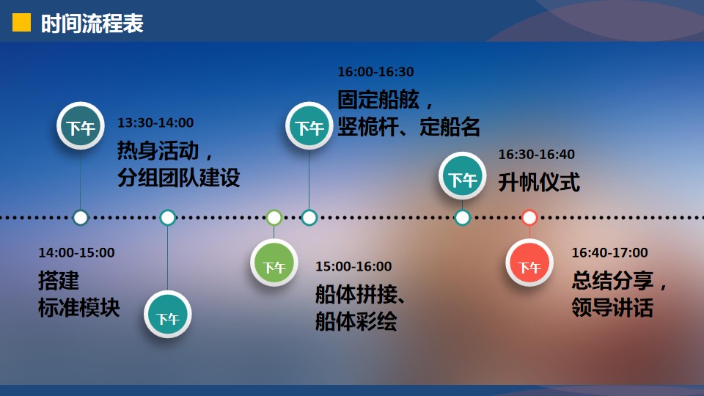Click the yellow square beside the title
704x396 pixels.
point(21,23)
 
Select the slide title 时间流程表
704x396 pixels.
point(92,23)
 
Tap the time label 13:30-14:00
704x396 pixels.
point(155,122)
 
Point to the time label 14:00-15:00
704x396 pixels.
point(76,252)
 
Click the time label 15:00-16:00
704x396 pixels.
point(353,266)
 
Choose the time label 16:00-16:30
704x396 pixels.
point(375,71)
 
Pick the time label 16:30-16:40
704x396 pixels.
point(537,154)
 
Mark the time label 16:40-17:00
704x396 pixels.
point(609,252)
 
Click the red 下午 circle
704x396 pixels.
point(529,263)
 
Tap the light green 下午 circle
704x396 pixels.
point(274,263)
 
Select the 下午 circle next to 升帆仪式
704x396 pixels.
point(463,175)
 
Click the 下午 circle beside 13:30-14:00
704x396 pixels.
point(81,125)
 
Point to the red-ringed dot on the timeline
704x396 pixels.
point(529,218)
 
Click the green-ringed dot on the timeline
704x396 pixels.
point(274,218)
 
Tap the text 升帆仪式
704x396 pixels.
point(539,183)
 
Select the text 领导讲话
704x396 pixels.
point(612,307)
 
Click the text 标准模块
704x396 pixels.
point(79,307)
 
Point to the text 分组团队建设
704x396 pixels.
point(179,177)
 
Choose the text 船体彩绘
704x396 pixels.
point(356,321)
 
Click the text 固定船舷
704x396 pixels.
point(378,100)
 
